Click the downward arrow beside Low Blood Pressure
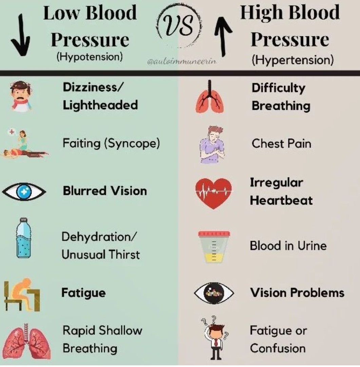click(x=21, y=35)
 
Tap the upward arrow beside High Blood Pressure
click(x=223, y=36)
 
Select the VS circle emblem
click(x=179, y=26)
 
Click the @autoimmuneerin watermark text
click(x=182, y=61)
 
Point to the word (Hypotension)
click(x=90, y=56)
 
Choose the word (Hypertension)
click(x=292, y=60)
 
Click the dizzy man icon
click(x=21, y=96)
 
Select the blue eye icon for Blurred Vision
click(x=24, y=191)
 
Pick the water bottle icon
click(x=23, y=238)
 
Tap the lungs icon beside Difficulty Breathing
click(x=209, y=97)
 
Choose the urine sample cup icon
click(x=214, y=247)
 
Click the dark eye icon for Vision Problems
click(x=214, y=293)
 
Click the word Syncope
click(x=132, y=143)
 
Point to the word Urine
click(x=312, y=246)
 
